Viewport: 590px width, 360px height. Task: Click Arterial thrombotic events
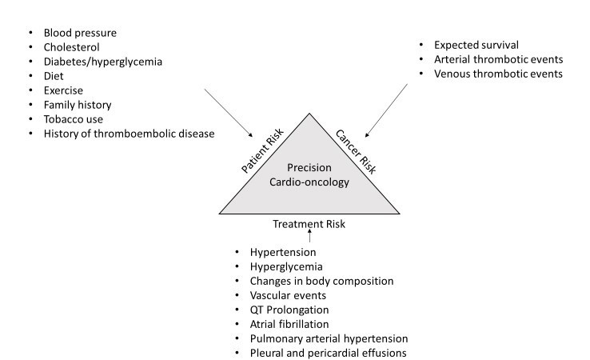click(498, 60)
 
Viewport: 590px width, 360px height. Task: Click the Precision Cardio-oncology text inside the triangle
click(309, 174)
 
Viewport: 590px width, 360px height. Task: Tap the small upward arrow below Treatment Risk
click(309, 238)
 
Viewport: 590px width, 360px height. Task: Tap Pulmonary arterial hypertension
click(329, 338)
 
